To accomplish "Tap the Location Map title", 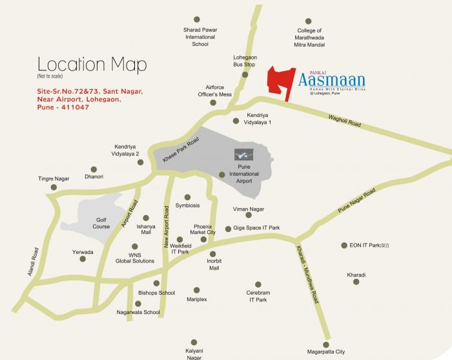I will (x=92, y=65).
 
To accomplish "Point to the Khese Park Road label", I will (x=180, y=150).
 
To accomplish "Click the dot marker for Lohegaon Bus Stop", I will (x=245, y=75).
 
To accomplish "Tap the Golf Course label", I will (x=101, y=222).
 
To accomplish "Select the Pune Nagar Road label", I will (x=357, y=203).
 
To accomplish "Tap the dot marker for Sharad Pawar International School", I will (x=196, y=19).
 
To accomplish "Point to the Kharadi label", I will (x=356, y=275).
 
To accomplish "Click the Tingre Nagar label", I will (x=54, y=179).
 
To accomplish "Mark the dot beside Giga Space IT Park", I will (x=228, y=229).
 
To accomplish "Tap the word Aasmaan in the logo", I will (x=332, y=81).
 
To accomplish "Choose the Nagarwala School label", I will (x=138, y=312).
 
